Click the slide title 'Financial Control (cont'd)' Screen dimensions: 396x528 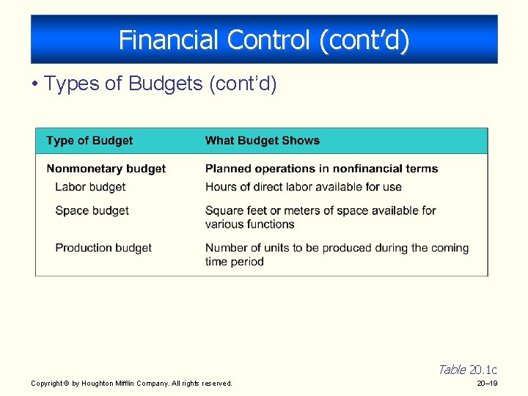pos(264,40)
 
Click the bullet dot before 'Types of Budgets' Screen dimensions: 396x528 pos(34,84)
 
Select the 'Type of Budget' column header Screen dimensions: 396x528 pos(89,141)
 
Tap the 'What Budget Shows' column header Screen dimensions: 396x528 pos(263,141)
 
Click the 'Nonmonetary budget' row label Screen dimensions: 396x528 pos(106,169)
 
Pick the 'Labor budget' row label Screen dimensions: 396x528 pos(90,187)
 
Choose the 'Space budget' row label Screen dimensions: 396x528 pos(92,210)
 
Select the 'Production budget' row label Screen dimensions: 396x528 pos(103,248)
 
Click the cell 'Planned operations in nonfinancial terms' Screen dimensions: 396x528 pos(321,169)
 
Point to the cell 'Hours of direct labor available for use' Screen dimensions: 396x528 pos(304,187)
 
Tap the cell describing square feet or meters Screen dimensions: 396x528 pos(320,217)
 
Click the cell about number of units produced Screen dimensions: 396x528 pos(337,254)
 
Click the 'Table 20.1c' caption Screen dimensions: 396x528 pos(467,370)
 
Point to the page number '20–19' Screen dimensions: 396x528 pos(487,384)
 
